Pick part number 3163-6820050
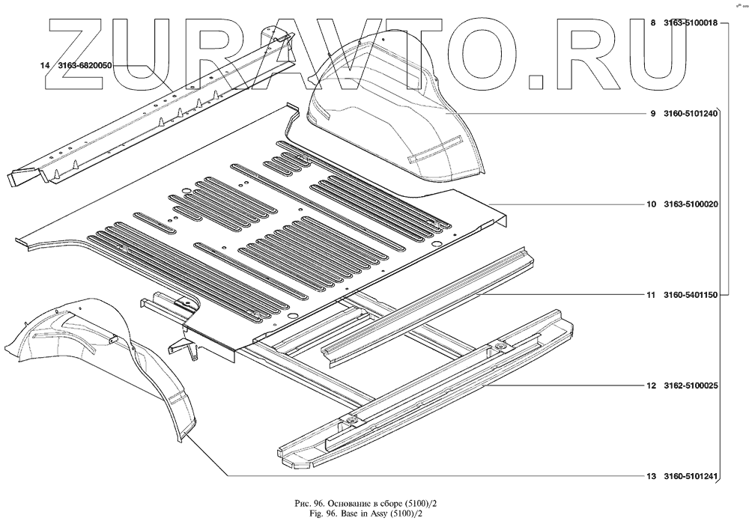pyautogui.click(x=85, y=66)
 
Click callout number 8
pyautogui.click(x=653, y=23)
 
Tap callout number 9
pyautogui.click(x=653, y=114)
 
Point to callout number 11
pyautogui.click(x=651, y=296)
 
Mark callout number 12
pyautogui.click(x=651, y=386)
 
